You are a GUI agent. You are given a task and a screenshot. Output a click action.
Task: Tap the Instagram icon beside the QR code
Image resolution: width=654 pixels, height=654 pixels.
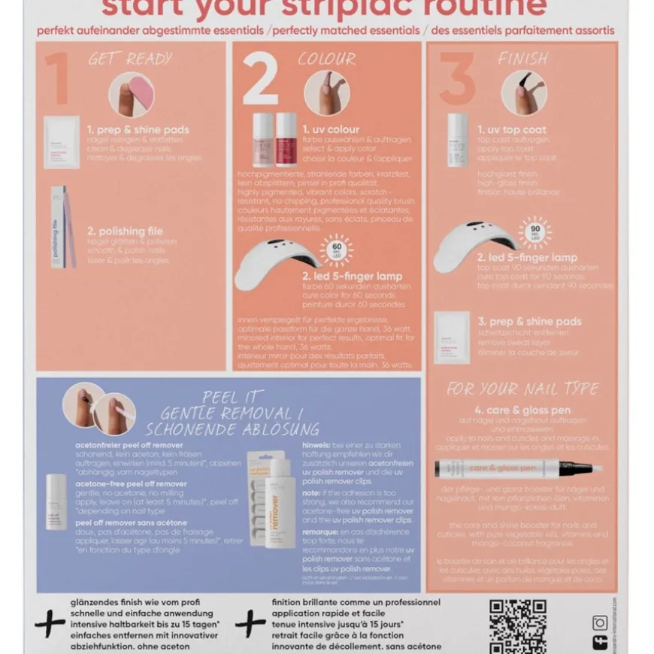pyautogui.click(x=600, y=622)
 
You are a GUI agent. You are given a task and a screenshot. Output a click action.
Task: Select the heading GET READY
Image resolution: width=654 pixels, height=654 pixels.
pyautogui.click(x=130, y=59)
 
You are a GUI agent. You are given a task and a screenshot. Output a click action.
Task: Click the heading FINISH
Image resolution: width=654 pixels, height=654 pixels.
pyautogui.click(x=522, y=59)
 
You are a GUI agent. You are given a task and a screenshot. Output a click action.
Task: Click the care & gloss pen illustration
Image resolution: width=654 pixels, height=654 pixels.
pyautogui.click(x=518, y=468)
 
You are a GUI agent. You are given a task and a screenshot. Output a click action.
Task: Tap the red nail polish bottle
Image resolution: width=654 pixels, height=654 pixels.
pyautogui.click(x=286, y=139)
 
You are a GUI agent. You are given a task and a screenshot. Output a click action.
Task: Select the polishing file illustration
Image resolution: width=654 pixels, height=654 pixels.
pyautogui.click(x=63, y=227)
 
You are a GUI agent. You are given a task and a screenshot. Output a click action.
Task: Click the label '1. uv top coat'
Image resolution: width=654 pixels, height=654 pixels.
pyautogui.click(x=512, y=130)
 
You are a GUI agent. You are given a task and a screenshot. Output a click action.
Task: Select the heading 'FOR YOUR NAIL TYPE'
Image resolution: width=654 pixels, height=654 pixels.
pyautogui.click(x=522, y=389)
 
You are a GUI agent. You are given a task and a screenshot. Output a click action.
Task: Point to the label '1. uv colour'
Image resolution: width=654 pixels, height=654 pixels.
pyautogui.click(x=331, y=129)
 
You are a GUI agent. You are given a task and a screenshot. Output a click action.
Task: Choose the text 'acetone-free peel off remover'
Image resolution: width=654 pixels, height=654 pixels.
pyautogui.click(x=131, y=484)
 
